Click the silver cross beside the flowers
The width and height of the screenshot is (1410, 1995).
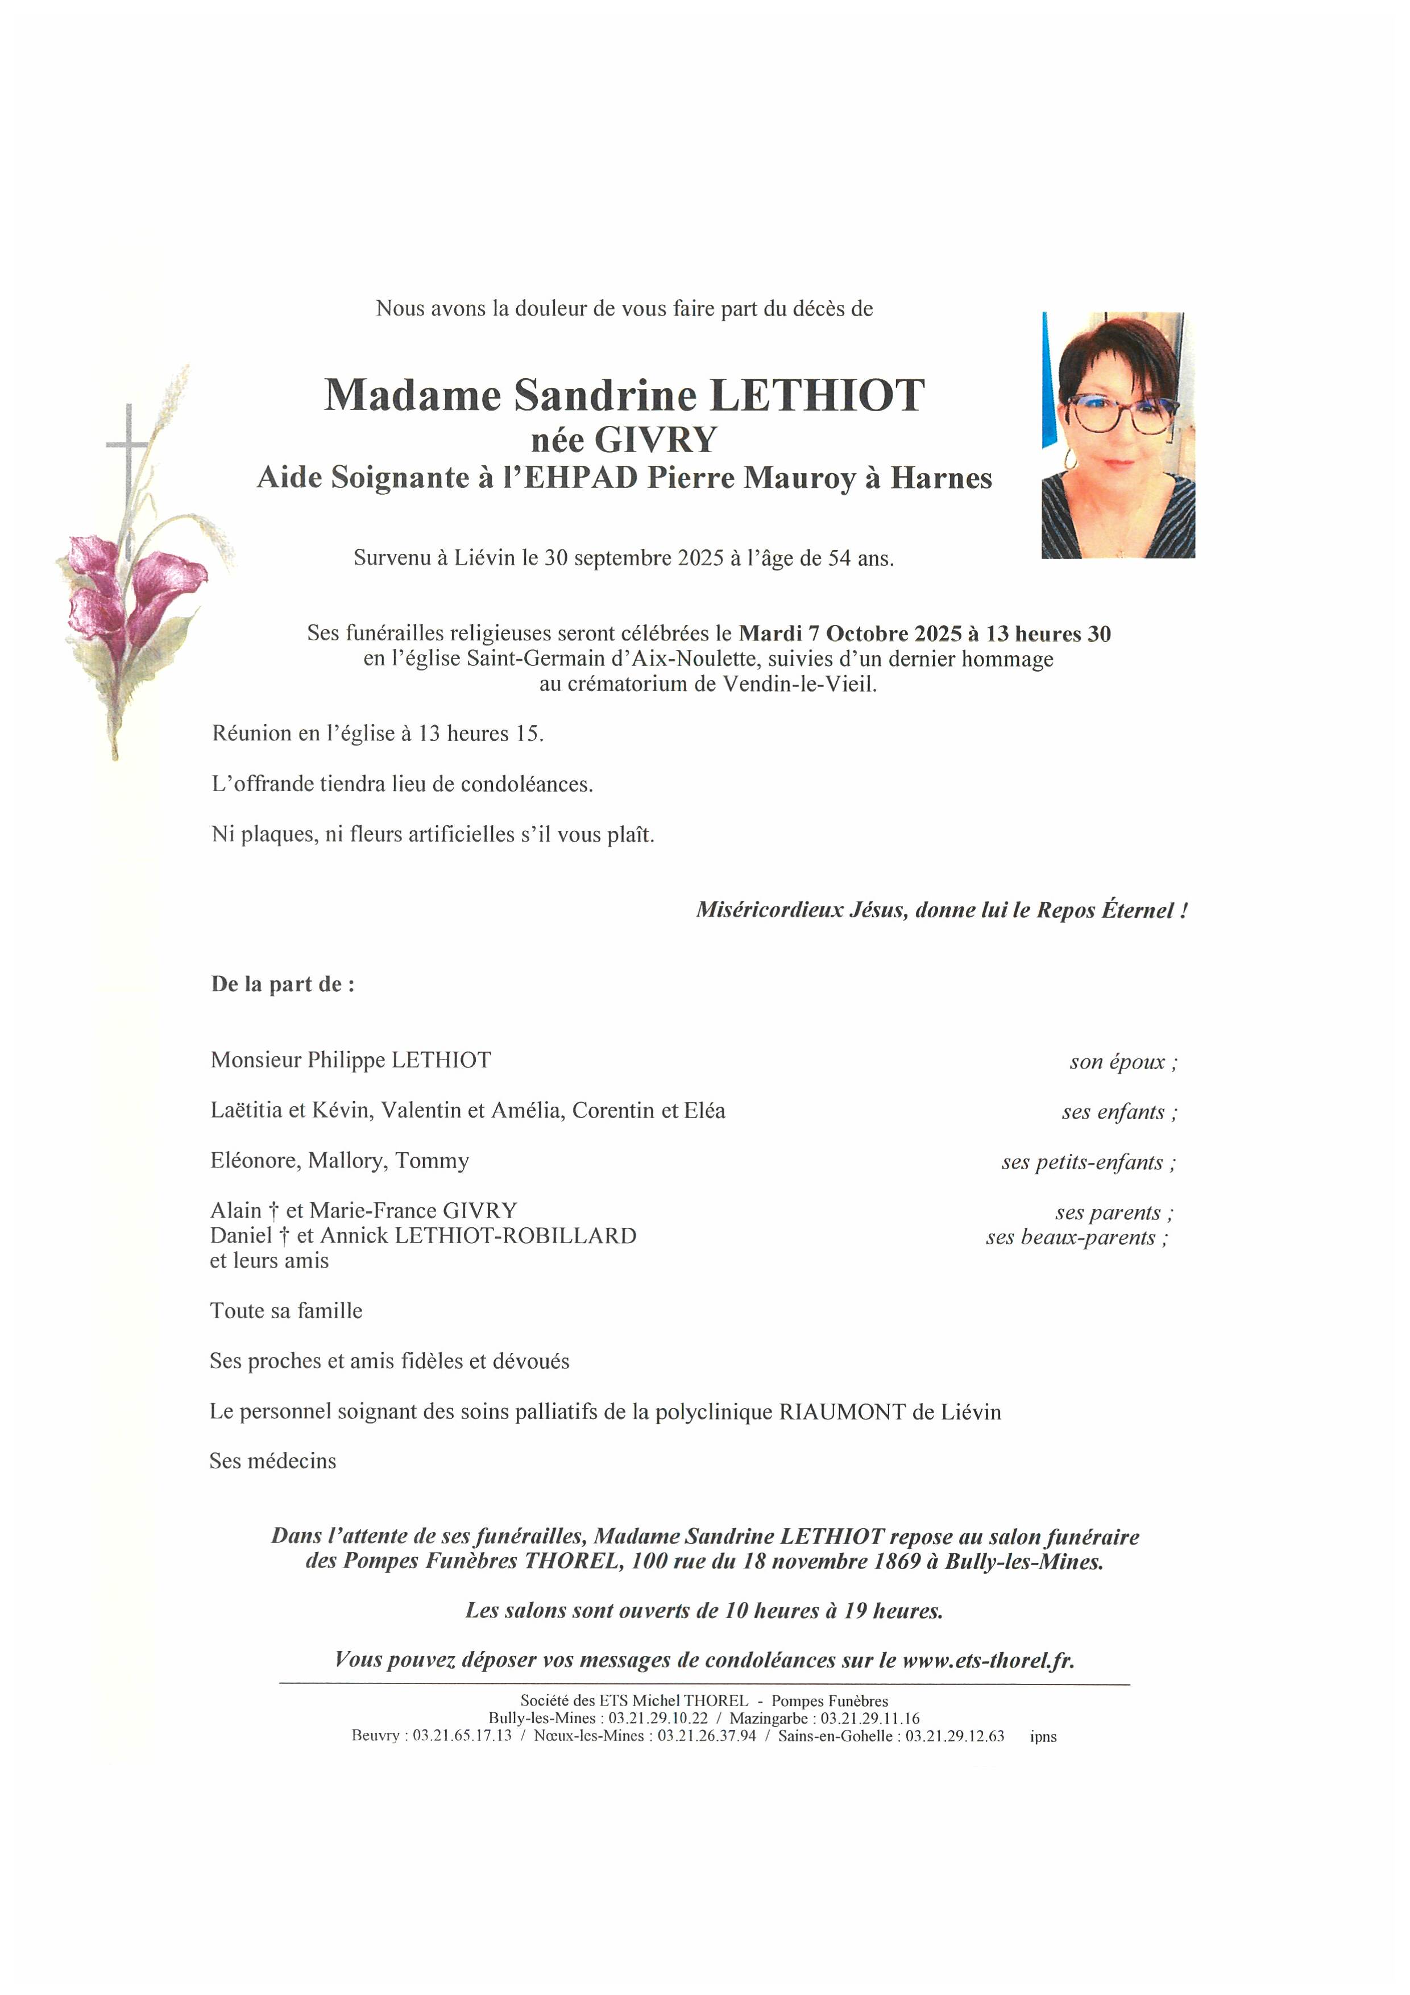128,452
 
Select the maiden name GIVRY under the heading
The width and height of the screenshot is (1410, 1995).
656,441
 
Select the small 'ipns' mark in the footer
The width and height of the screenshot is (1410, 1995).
1043,1737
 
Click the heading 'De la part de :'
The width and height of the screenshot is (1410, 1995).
283,984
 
